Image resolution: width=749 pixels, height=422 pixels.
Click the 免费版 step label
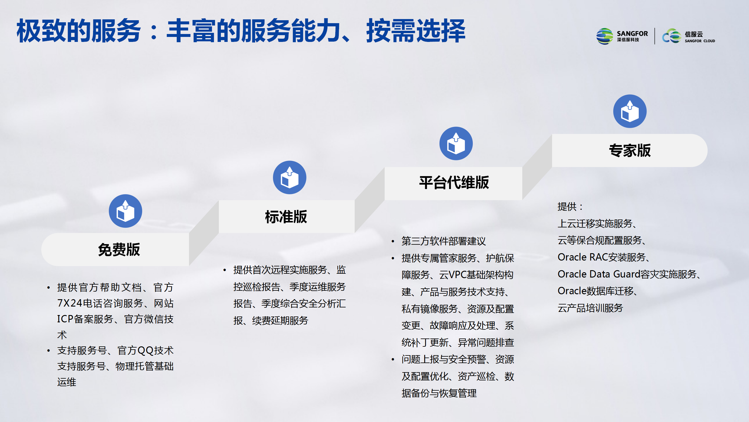point(119,250)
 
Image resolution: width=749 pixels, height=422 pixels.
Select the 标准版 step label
point(286,217)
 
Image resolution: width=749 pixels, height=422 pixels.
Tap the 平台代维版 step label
point(454,183)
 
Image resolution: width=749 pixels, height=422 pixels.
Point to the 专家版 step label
point(630,151)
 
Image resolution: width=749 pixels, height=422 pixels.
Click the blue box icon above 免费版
point(126,211)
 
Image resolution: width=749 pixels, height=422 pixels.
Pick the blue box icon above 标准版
point(290,177)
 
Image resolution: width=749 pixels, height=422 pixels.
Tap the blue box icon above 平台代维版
point(456,143)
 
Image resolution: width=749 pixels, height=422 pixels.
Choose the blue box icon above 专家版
point(630,111)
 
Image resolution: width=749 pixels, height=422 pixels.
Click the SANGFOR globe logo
point(605,36)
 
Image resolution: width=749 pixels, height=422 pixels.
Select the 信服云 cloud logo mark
point(672,36)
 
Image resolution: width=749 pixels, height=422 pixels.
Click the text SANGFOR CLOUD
point(700,41)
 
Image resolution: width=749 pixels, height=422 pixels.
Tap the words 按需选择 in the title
point(416,31)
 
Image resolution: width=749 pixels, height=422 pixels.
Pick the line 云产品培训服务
point(590,308)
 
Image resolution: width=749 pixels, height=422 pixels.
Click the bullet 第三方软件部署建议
point(444,241)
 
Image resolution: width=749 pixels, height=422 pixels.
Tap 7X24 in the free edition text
point(70,303)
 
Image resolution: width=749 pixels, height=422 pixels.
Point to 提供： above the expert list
point(570,207)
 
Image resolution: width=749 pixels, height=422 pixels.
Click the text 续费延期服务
point(280,321)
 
